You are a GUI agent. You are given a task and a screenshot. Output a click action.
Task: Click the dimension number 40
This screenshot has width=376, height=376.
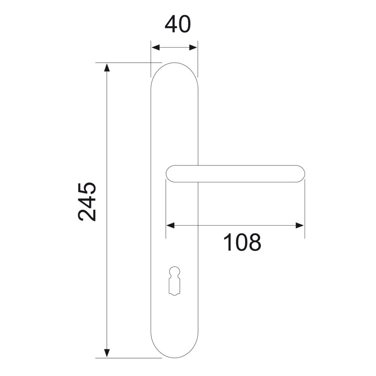pos(178,24)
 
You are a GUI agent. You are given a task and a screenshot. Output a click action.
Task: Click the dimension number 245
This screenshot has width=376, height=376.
pos(87,201)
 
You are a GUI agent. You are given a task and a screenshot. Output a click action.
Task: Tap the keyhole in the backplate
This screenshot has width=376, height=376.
pos(174,280)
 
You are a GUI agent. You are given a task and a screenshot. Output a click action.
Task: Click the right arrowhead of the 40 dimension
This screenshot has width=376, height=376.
pos(193,47)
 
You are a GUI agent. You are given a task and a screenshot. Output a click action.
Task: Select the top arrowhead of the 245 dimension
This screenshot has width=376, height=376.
pos(107,68)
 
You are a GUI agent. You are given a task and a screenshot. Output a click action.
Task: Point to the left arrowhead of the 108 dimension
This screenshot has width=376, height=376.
pos(170,225)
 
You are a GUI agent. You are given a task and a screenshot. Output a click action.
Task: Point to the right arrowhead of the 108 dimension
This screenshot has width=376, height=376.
pos(300,225)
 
